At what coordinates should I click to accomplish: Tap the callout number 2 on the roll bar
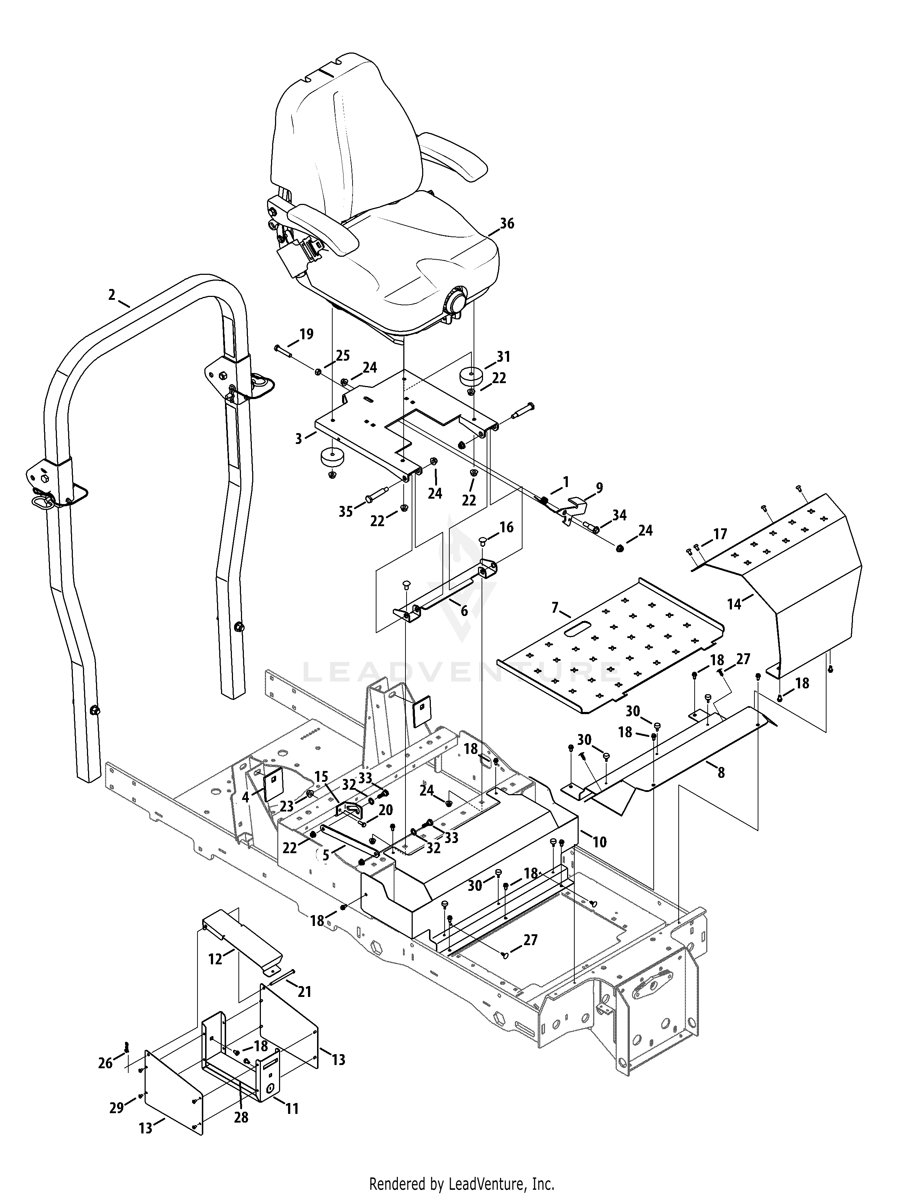tap(112, 295)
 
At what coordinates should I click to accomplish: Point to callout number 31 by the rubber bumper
tap(503, 357)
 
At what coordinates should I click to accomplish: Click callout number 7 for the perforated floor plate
tap(555, 607)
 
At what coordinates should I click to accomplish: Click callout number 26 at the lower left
tap(105, 1062)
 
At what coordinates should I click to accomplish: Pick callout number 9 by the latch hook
tap(599, 487)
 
